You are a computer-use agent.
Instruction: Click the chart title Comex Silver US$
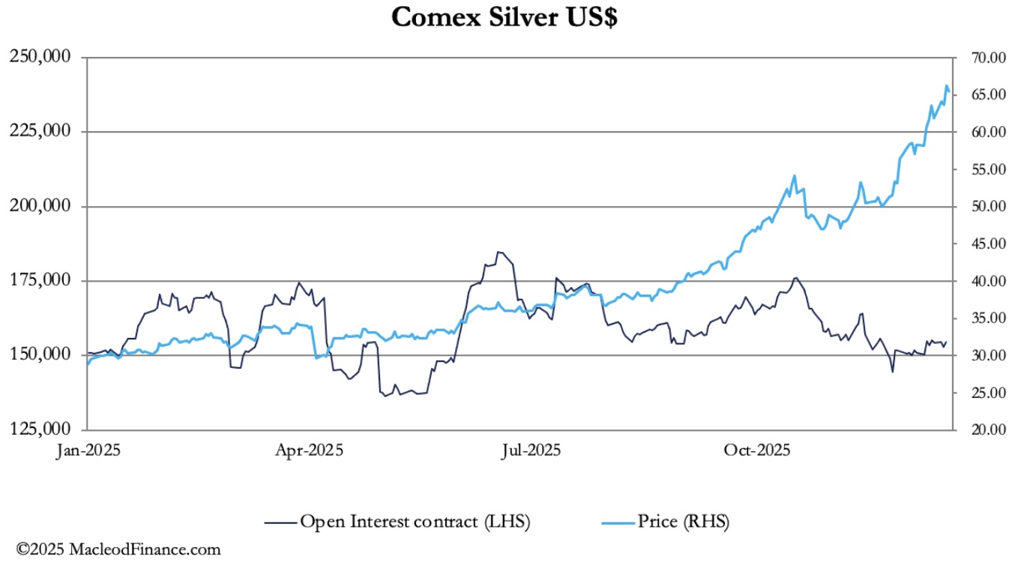(x=505, y=17)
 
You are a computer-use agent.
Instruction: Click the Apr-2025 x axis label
(x=309, y=450)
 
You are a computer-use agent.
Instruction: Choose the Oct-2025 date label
(x=756, y=450)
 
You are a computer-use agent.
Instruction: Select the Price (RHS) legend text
(x=683, y=521)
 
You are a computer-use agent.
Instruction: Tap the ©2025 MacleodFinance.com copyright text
(x=118, y=549)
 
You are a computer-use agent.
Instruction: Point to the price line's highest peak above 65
(x=947, y=86)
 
